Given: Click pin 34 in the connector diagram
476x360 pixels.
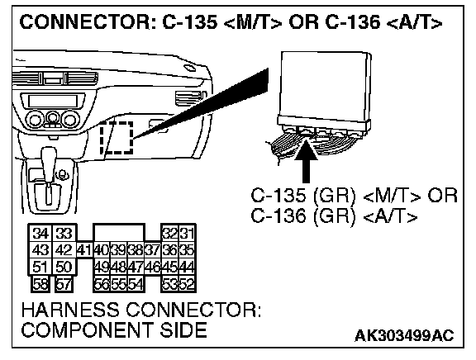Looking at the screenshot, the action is [40, 233].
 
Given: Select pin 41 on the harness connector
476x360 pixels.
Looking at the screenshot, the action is [84, 250].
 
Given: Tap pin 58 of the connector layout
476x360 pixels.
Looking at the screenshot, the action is [40, 285].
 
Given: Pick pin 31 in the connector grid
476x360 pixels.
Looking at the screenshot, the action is [187, 233].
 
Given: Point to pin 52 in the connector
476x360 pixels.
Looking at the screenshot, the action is [187, 285].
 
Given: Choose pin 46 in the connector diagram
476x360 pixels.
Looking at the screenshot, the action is [153, 268].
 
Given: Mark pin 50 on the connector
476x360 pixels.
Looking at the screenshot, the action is [64, 268].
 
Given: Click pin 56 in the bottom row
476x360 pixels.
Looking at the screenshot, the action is [102, 285].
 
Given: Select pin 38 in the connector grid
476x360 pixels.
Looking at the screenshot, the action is [136, 250].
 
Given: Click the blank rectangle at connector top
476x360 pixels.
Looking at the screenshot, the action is [119, 233].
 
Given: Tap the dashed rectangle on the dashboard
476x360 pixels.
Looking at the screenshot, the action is [117, 137].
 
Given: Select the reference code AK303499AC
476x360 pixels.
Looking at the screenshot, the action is [404, 336].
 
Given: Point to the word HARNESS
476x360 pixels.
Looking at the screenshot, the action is [70, 310].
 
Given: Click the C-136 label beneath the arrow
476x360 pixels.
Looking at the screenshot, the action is [278, 216].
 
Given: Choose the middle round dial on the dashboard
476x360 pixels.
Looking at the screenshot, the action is [52, 118].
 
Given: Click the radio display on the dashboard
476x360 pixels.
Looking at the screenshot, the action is [52, 101].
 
